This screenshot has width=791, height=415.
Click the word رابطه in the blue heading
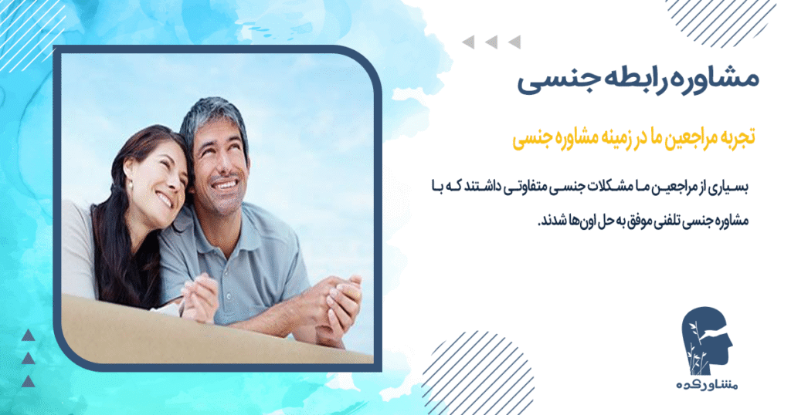click(x=630, y=80)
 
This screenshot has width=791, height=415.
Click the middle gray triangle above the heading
click(x=491, y=42)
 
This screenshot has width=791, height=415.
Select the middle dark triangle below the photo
click(x=29, y=358)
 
